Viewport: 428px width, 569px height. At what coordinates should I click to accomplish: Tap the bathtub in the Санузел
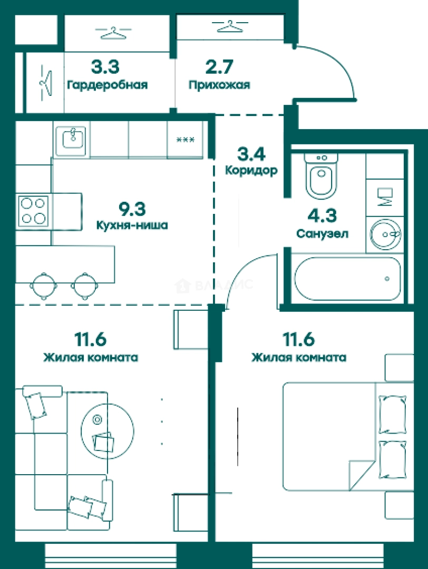tap(347, 279)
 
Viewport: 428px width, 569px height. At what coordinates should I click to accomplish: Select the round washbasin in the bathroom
tap(385, 234)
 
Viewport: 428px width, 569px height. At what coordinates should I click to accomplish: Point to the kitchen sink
tap(72, 140)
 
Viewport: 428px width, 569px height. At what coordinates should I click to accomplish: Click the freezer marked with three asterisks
tap(185, 140)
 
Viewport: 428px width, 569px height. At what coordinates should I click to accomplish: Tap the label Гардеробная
tap(108, 85)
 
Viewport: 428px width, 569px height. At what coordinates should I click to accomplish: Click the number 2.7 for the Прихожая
tap(219, 66)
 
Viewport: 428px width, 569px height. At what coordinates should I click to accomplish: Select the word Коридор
tap(251, 170)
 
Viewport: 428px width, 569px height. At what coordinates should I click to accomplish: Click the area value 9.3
tap(132, 209)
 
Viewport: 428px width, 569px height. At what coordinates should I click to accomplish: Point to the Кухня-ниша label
tap(132, 225)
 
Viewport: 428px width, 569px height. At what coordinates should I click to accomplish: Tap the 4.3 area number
tap(322, 215)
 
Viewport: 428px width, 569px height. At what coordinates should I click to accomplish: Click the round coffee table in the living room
tap(107, 431)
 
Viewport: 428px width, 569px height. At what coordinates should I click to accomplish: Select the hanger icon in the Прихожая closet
tap(230, 26)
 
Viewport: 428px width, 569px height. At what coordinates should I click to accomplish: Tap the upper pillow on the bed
tap(392, 415)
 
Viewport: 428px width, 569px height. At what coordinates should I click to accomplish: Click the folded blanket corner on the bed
tap(361, 475)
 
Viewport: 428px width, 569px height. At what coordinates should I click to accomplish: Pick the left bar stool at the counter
tap(44, 286)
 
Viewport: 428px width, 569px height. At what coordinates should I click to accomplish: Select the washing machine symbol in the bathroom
tap(385, 198)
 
